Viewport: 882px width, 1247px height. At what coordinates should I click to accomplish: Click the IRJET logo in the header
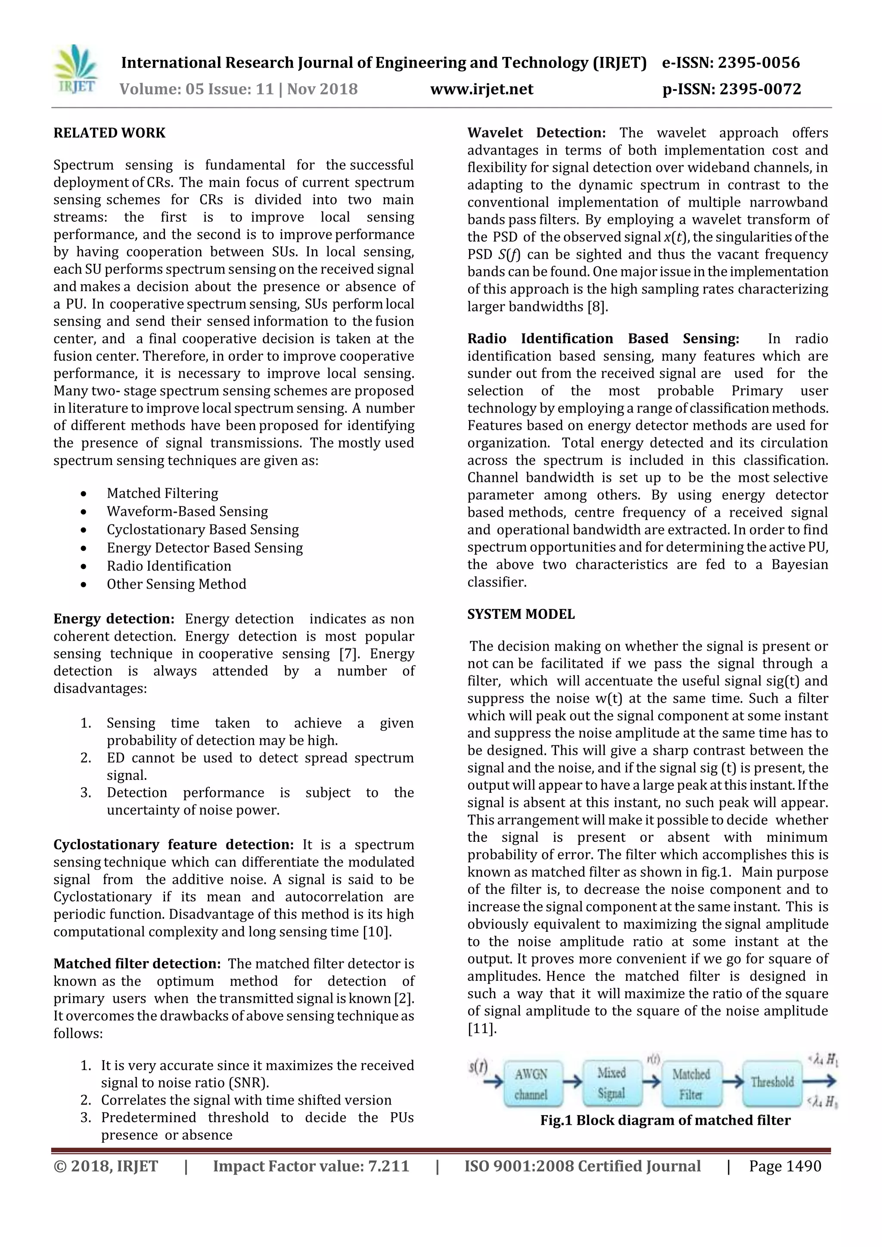pyautogui.click(x=77, y=71)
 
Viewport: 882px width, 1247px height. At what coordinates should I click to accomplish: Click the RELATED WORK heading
pyautogui.click(x=109, y=133)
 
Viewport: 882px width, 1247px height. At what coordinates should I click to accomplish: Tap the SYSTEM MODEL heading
pyautogui.click(x=521, y=614)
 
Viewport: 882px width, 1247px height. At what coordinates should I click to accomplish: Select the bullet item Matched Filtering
pyautogui.click(x=162, y=493)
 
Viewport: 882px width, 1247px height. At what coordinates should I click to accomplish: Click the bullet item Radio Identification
pyautogui.click(x=169, y=566)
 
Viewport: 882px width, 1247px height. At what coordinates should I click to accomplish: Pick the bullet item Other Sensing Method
pyautogui.click(x=177, y=584)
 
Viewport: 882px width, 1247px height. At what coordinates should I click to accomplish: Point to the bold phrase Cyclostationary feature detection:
pyautogui.click(x=173, y=844)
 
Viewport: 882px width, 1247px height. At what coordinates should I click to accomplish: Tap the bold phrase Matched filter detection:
pyautogui.click(x=137, y=964)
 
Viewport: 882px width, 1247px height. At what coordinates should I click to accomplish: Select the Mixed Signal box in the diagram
pyautogui.click(x=612, y=1083)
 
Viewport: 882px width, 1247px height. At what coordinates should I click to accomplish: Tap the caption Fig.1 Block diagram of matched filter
pyautogui.click(x=665, y=1120)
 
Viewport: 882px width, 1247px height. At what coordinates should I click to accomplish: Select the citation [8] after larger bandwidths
pyautogui.click(x=597, y=307)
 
